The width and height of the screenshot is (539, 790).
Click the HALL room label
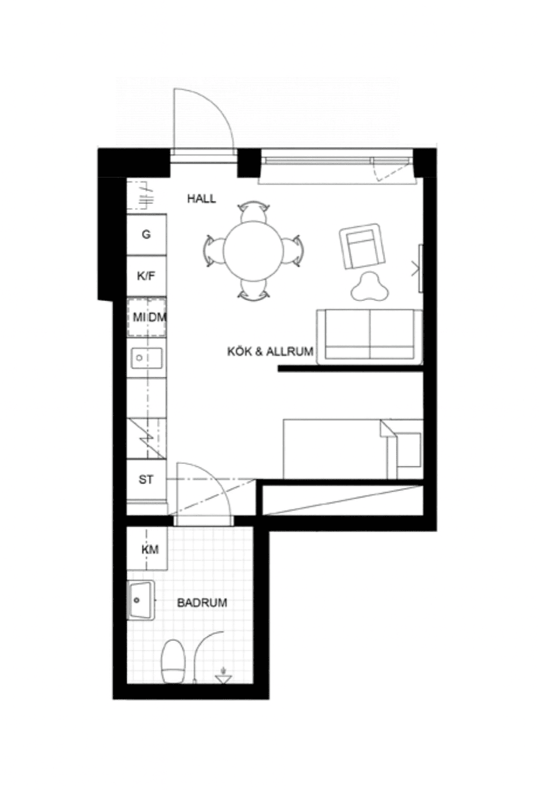[x=201, y=199]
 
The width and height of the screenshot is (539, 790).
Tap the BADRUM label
[x=202, y=603]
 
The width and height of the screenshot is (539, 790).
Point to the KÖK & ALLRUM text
[x=270, y=351]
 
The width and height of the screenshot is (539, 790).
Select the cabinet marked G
[x=146, y=234]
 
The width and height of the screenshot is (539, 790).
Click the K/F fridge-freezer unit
[x=146, y=276]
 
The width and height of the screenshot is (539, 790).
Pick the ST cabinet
[x=146, y=480]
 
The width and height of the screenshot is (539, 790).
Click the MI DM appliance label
[x=149, y=317]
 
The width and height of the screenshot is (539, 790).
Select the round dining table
[x=254, y=251]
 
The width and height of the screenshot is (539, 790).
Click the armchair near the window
[x=362, y=246]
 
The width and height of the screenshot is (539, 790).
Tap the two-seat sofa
[x=370, y=337]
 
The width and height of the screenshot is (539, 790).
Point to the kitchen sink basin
[x=147, y=358]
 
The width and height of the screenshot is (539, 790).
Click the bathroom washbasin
[x=141, y=600]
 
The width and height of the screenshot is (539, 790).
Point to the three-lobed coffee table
[x=370, y=287]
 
